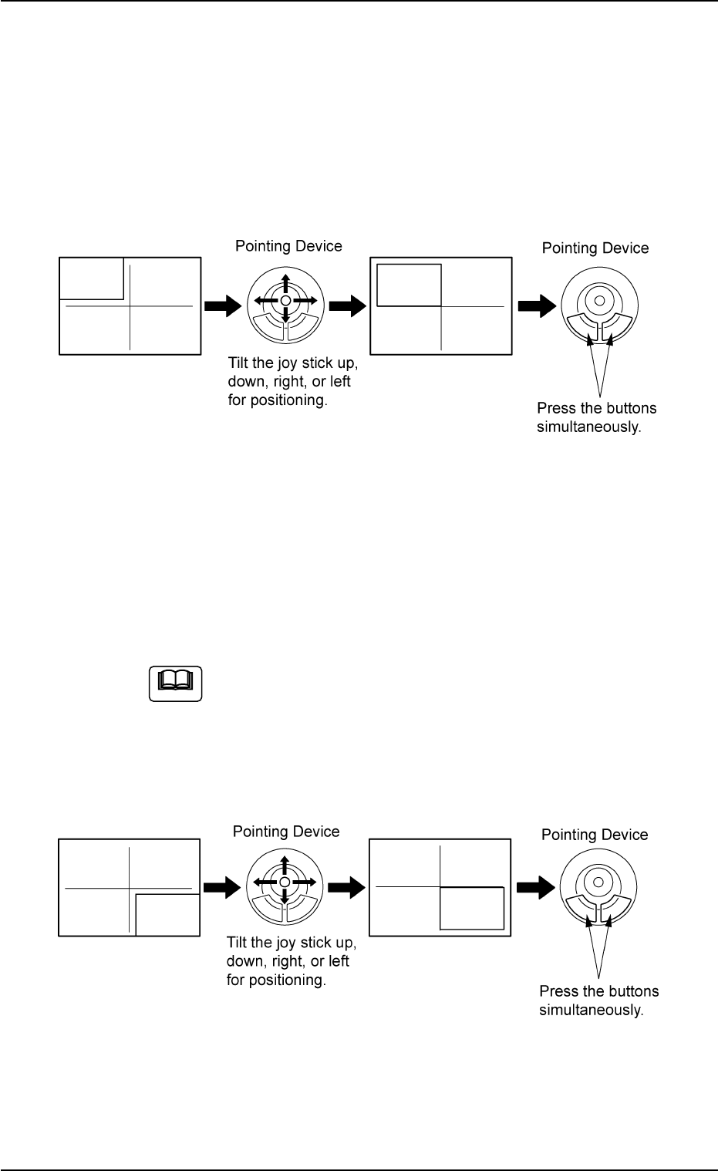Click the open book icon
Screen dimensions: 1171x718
pyautogui.click(x=175, y=682)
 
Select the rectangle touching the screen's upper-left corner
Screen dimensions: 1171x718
pyautogui.click(x=92, y=278)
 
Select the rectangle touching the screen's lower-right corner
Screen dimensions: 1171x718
pyautogui.click(x=167, y=915)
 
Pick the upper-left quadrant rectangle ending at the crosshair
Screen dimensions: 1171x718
pyautogui.click(x=409, y=285)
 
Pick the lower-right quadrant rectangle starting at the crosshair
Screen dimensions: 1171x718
pyautogui.click(x=471, y=908)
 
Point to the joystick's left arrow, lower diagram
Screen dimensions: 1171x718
pyautogui.click(x=262, y=882)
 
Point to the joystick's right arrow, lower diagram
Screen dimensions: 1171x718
pyautogui.click(x=307, y=882)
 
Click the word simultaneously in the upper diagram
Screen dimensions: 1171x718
pyautogui.click(x=588, y=427)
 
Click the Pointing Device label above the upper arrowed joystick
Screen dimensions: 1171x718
pyautogui.click(x=288, y=246)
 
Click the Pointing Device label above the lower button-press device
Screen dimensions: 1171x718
pyautogui.click(x=595, y=835)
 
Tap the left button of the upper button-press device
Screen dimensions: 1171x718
pyautogui.click(x=581, y=326)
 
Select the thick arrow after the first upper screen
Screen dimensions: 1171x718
pyautogui.click(x=221, y=306)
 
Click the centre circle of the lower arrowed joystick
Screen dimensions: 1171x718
pyautogui.click(x=285, y=882)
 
